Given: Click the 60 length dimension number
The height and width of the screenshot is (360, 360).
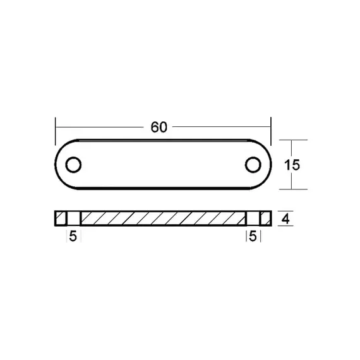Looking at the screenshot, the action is [159, 127].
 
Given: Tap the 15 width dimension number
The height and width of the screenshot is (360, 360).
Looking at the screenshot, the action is [292, 165].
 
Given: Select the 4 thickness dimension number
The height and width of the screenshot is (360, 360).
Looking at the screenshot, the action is [285, 219].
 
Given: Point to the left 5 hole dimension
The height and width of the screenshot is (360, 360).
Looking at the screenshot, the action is [73, 236].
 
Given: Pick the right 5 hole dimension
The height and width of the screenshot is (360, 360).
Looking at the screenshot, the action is [253, 236].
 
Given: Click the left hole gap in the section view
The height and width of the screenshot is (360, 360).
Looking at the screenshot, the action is [73, 219].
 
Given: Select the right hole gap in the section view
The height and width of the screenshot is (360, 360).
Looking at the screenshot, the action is [253, 219].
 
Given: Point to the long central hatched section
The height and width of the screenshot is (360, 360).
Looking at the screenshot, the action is [163, 219].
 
